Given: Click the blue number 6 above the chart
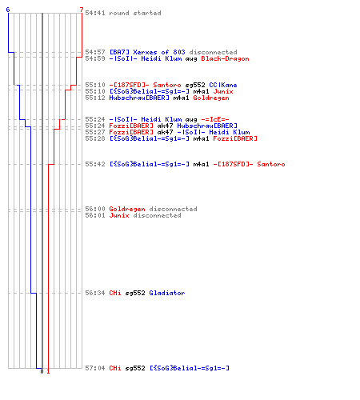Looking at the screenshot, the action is [8, 10].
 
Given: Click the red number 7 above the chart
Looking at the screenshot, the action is [82, 10].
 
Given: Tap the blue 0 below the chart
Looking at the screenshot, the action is [42, 371].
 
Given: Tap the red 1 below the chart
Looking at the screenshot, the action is [48, 371].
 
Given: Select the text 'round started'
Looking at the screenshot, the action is [135, 13].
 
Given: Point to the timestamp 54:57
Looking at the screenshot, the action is [95, 52].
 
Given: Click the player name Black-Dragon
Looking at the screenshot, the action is [225, 58].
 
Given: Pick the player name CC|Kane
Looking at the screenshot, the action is [223, 85].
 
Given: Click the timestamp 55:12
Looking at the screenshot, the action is [95, 98].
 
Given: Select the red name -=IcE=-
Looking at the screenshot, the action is [215, 119].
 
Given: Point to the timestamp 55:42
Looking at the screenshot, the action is [95, 164].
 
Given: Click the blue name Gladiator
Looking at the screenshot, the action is [167, 293].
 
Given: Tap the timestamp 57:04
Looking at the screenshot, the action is [95, 368].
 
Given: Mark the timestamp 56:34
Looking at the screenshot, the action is [95, 293].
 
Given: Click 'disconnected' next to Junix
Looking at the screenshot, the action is [157, 215].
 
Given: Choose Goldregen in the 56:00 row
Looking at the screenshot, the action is [127, 209].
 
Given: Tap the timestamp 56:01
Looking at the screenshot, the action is [95, 215].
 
